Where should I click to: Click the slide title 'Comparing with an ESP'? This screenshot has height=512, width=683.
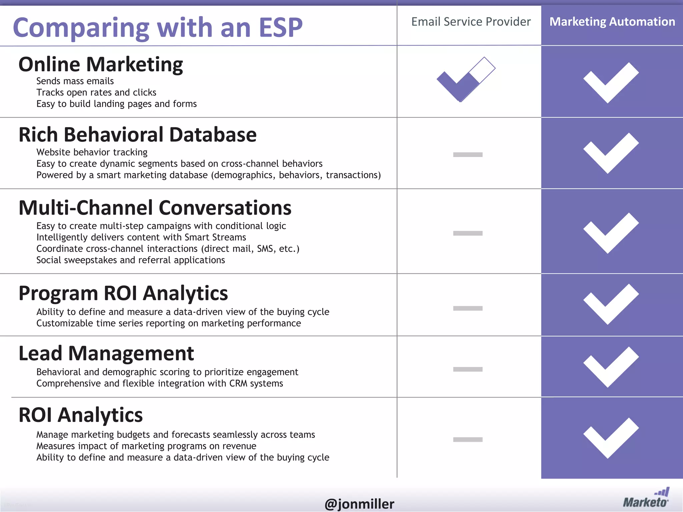pyautogui.click(x=157, y=27)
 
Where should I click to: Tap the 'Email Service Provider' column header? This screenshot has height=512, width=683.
pyautogui.click(x=471, y=22)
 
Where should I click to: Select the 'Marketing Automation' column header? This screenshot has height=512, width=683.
pyautogui.click(x=612, y=22)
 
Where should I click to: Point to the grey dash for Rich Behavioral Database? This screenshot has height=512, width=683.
pyautogui.click(x=468, y=154)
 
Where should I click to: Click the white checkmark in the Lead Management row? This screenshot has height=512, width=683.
pyautogui.click(x=610, y=367)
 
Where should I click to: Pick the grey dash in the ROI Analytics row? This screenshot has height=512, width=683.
pyautogui.click(x=468, y=439)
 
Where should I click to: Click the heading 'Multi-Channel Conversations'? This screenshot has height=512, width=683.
pyautogui.click(x=155, y=208)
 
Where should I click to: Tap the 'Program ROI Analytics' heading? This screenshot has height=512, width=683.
pyautogui.click(x=123, y=293)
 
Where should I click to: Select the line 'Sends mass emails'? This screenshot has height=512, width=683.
pyautogui.click(x=75, y=81)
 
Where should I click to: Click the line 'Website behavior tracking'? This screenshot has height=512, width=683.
pyautogui.click(x=92, y=152)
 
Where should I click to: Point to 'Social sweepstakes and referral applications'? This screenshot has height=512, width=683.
pyautogui.click(x=130, y=260)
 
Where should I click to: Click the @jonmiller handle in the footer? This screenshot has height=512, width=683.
pyautogui.click(x=359, y=503)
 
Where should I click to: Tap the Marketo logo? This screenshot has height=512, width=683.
pyautogui.click(x=646, y=498)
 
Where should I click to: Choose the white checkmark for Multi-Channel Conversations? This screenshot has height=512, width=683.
pyautogui.click(x=610, y=233)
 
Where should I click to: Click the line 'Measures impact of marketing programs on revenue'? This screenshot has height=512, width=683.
pyautogui.click(x=146, y=446)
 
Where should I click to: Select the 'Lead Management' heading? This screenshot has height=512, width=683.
pyautogui.click(x=106, y=353)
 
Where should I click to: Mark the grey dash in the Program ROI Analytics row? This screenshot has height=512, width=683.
pyautogui.click(x=468, y=308)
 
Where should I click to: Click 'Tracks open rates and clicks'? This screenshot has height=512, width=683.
pyautogui.click(x=96, y=92)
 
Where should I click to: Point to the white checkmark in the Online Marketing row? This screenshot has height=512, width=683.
pyautogui.click(x=610, y=82)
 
